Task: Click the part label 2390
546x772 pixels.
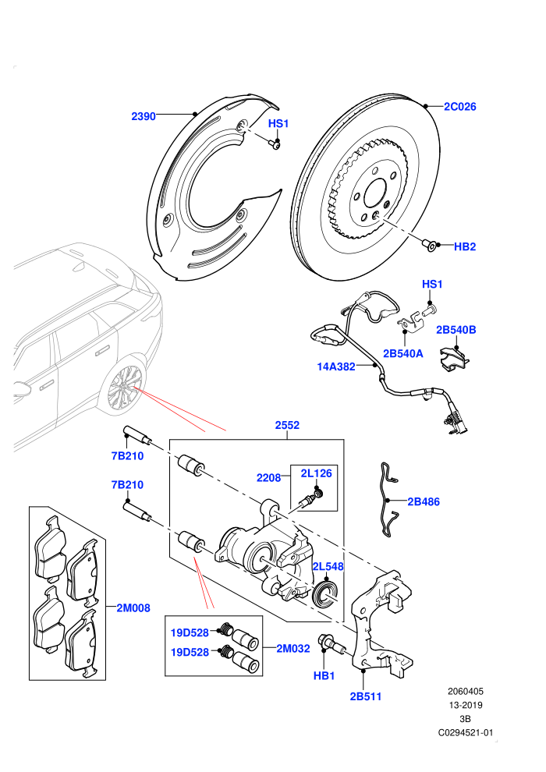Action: click(x=144, y=117)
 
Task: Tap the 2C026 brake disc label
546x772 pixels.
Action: click(x=460, y=106)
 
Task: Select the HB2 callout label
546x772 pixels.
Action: click(x=465, y=246)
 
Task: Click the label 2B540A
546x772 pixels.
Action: click(x=402, y=353)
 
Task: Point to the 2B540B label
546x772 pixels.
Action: click(x=456, y=330)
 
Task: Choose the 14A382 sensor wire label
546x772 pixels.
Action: click(x=335, y=367)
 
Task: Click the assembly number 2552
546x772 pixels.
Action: click(x=287, y=425)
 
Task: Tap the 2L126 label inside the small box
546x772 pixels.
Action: click(x=316, y=473)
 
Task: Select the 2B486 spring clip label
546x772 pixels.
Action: click(x=424, y=501)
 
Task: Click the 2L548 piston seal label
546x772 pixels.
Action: click(x=328, y=567)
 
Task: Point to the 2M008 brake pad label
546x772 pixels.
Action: click(x=133, y=608)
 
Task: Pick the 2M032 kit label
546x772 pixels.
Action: click(x=293, y=649)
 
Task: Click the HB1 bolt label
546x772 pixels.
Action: click(x=324, y=676)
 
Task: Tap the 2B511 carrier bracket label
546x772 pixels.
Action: click(x=365, y=696)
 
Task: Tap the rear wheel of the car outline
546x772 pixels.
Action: click(x=124, y=388)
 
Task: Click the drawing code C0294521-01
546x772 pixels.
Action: click(x=465, y=732)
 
